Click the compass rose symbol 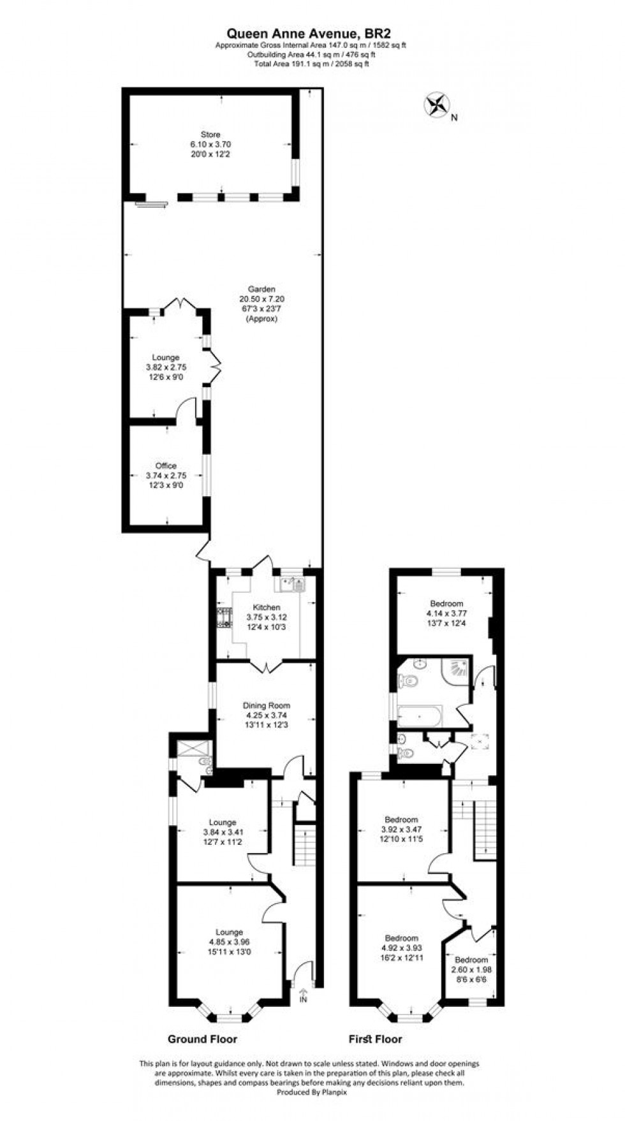pos(437,105)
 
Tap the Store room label pos(210,135)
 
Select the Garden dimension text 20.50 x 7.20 pos(262,299)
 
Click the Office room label pos(166,466)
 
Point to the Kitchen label pos(267,608)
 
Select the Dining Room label pos(267,705)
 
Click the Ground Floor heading pos(202,1039)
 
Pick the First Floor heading pos(375,1039)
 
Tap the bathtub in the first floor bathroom pos(420,716)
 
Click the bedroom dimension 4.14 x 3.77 pos(446,613)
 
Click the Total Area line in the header pos(312,64)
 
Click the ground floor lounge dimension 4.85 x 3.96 pos(229,941)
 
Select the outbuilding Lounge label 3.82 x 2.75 pos(166,367)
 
